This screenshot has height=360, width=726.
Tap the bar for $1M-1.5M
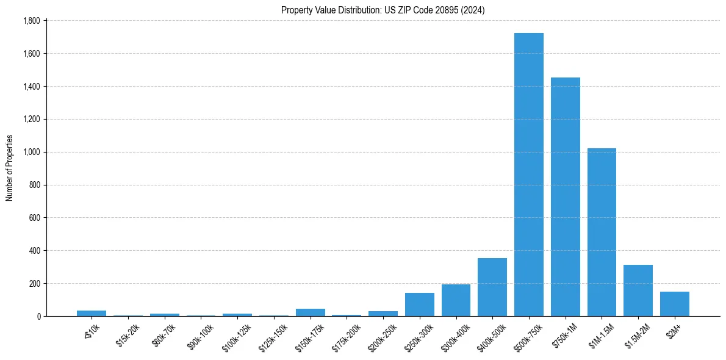(602, 232)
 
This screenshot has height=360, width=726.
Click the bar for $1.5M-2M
(638, 290)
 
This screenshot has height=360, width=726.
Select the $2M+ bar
(674, 304)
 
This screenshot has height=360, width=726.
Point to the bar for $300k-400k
(456, 300)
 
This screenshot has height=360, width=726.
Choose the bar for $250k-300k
(419, 304)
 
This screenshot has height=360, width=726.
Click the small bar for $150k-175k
(310, 312)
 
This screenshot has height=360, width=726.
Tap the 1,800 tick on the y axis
(31, 21)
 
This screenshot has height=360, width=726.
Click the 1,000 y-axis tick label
(31, 152)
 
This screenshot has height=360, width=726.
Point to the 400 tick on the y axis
(35, 251)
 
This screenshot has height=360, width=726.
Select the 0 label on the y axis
(38, 317)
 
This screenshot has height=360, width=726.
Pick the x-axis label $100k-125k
(237, 334)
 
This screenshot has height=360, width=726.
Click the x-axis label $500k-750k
(528, 334)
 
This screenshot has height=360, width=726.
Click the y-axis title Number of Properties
(9, 167)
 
